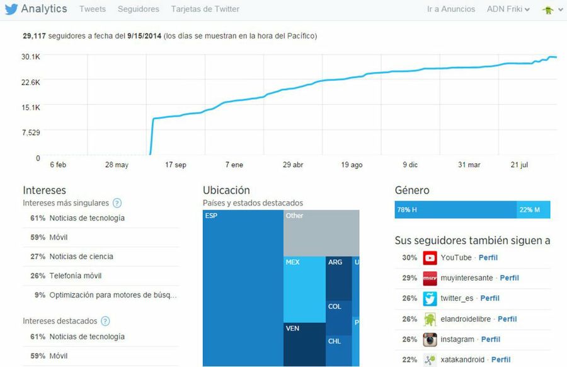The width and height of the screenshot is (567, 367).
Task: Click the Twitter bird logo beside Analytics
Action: pyautogui.click(x=11, y=9)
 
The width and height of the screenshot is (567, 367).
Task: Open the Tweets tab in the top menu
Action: pyautogui.click(x=93, y=9)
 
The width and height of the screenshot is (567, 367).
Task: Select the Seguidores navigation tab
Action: pyautogui.click(x=139, y=9)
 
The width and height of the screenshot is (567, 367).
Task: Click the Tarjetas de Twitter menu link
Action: pyautogui.click(x=205, y=9)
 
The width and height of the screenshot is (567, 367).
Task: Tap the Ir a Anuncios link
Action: pyautogui.click(x=450, y=9)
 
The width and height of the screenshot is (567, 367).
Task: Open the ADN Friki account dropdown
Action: pyautogui.click(x=508, y=9)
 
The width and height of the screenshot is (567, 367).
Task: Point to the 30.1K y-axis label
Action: pyautogui.click(x=30, y=57)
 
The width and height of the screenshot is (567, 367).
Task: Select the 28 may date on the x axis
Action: pyautogui.click(x=117, y=165)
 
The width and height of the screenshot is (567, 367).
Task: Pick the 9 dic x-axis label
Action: pyautogui.click(x=409, y=165)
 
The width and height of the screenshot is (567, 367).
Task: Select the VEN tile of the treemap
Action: pyautogui.click(x=304, y=344)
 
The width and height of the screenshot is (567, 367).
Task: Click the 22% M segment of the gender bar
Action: pyautogui.click(x=533, y=209)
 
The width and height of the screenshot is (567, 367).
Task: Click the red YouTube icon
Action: pyautogui.click(x=430, y=257)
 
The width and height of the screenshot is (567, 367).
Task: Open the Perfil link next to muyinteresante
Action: pyautogui.click(x=510, y=277)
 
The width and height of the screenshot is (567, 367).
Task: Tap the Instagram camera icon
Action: pyautogui.click(x=430, y=339)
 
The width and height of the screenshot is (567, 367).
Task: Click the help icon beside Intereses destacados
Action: pyautogui.click(x=105, y=321)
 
